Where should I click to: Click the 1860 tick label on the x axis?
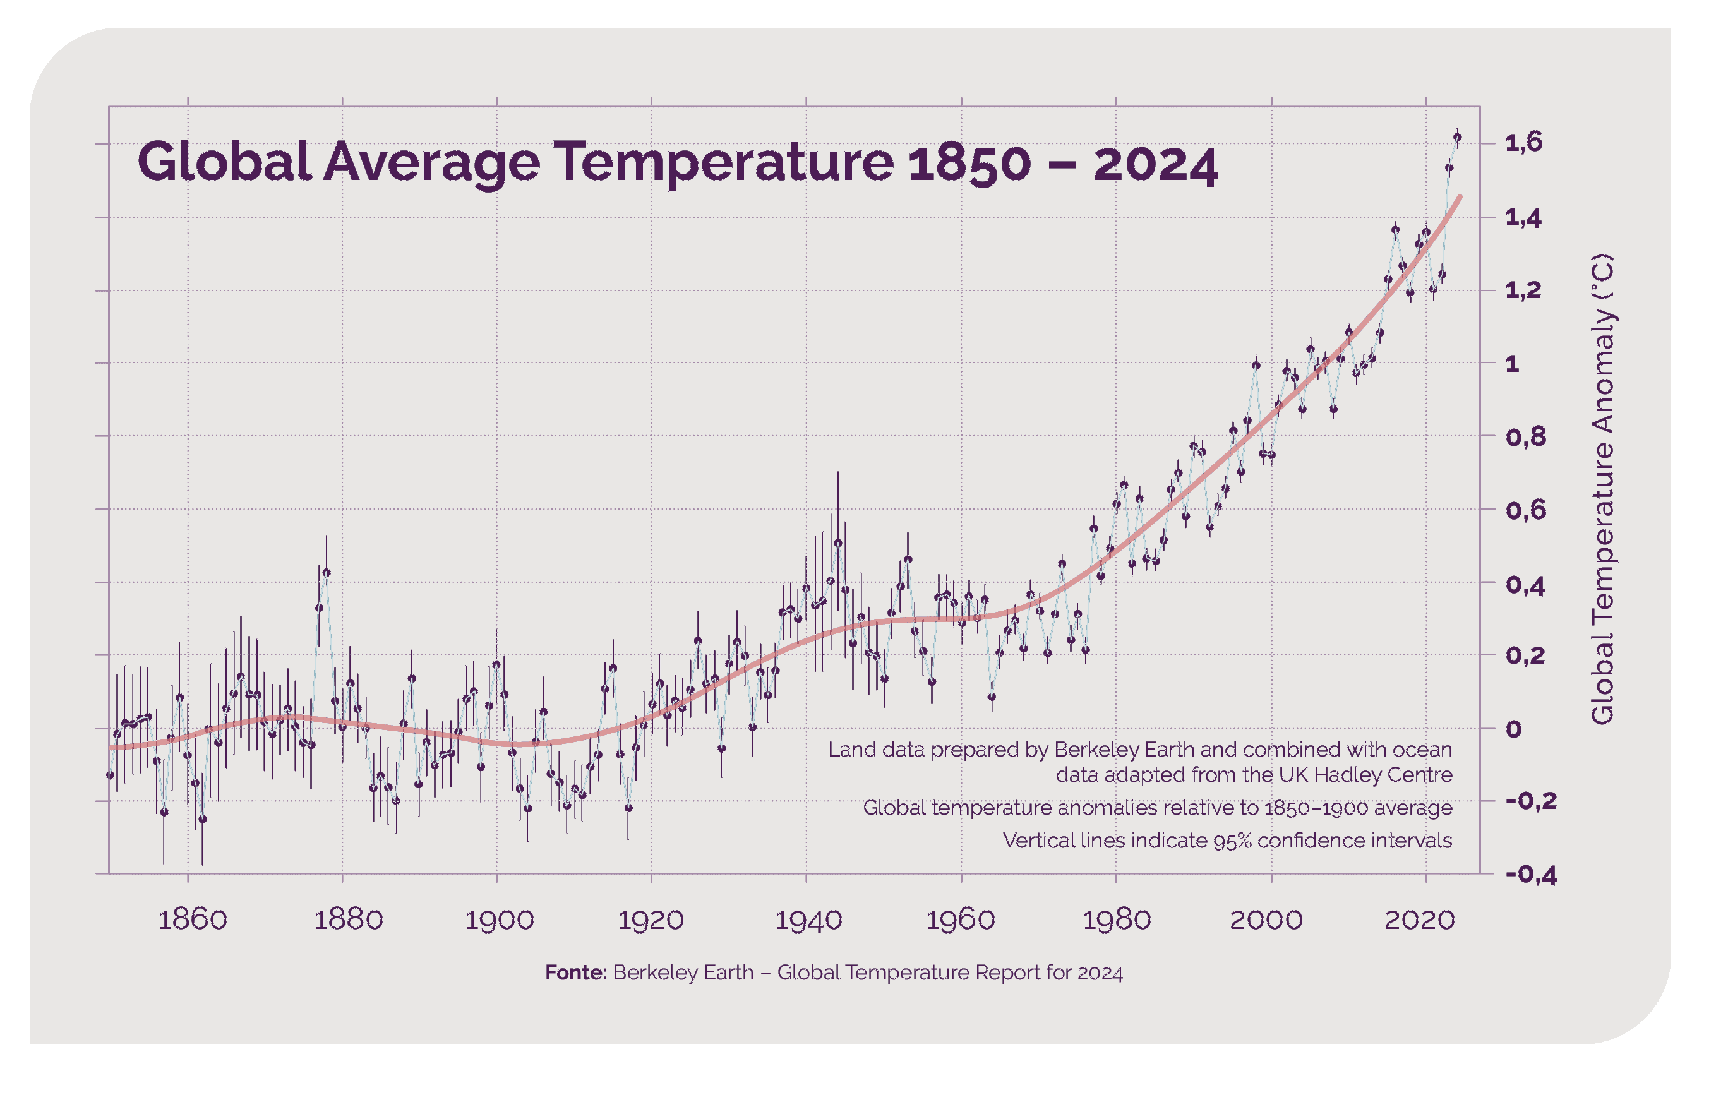point(192,920)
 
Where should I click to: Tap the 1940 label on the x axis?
point(808,920)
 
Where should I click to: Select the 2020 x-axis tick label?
point(1419,920)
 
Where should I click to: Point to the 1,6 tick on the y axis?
point(1523,143)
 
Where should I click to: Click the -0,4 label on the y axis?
point(1531,875)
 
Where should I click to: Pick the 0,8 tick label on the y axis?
point(1526,436)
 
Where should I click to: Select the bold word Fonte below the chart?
point(575,972)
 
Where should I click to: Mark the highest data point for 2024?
point(1457,137)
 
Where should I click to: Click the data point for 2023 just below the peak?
point(1449,168)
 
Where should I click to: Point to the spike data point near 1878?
point(327,573)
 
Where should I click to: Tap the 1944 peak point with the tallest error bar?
point(838,543)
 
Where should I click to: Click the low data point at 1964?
point(992,697)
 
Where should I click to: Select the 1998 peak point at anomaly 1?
point(1256,366)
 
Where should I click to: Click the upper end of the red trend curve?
point(1460,197)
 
